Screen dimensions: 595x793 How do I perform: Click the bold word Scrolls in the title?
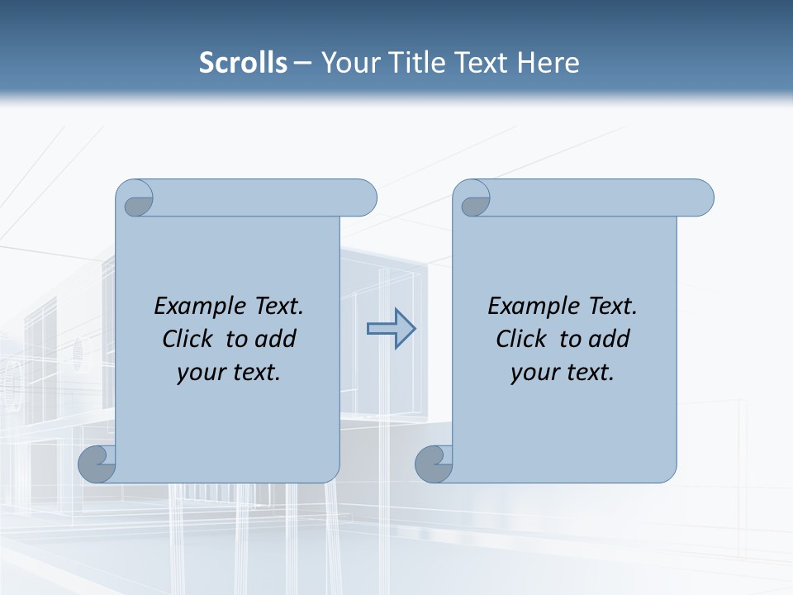243,63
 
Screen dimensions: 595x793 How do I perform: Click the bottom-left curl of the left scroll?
96,464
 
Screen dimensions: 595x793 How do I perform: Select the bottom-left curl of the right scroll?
433,464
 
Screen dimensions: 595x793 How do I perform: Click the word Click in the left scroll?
189,339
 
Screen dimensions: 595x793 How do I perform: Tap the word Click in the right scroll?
523,339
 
